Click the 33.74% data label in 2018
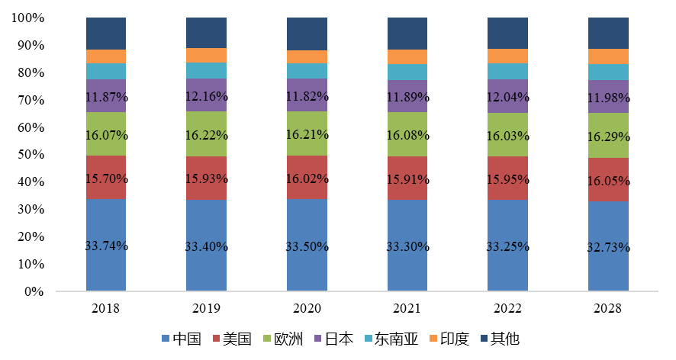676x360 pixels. point(105,246)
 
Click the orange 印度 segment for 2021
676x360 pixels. point(407,56)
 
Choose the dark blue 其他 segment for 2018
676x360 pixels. point(105,34)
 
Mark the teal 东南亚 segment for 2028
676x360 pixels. point(608,72)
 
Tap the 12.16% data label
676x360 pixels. point(206,97)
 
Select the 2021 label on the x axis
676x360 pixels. point(407,309)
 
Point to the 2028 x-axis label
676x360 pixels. point(608,309)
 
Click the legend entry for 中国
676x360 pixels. point(181,339)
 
